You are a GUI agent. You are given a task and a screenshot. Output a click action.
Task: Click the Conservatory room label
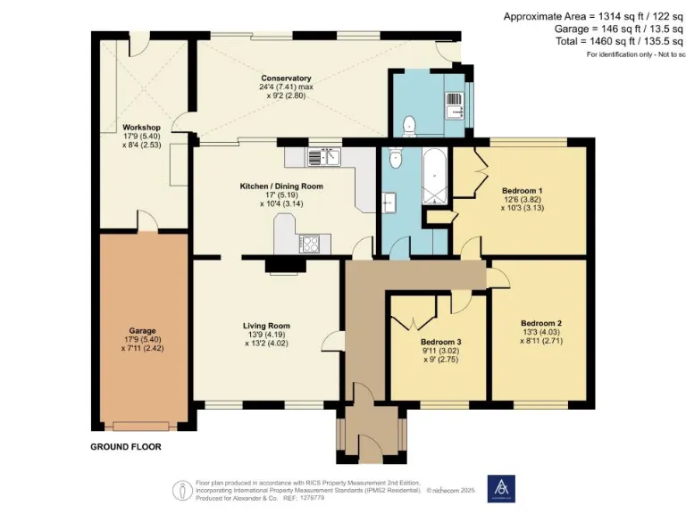pos(286,78)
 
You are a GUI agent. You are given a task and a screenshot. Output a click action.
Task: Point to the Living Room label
pos(267,325)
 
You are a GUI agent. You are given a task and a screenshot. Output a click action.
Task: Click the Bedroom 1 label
pos(522,190)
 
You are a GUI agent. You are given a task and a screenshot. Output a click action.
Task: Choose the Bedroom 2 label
pos(540,322)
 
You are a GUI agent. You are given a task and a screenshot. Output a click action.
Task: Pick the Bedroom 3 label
pos(440,342)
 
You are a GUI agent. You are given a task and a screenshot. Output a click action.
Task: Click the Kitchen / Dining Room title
pos(281,186)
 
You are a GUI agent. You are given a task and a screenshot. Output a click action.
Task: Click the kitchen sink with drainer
pos(322,157)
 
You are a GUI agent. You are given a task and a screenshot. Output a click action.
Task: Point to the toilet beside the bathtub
pos(395,158)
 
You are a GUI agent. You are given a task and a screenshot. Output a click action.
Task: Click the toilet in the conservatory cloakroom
pos(409,123)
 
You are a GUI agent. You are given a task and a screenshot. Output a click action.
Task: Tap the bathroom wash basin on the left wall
pos(389,203)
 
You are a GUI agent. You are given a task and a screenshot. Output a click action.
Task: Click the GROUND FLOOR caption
pos(126,446)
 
